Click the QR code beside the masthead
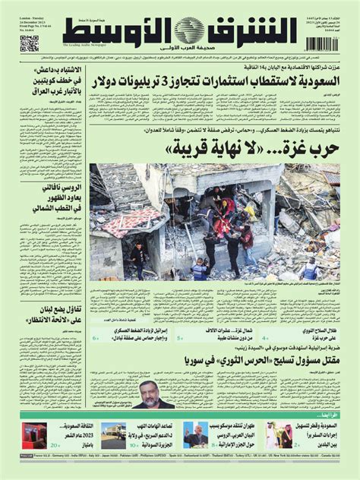29,43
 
